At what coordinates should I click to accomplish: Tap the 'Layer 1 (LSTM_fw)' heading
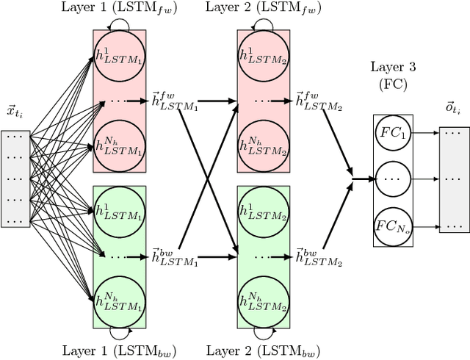pos(120,9)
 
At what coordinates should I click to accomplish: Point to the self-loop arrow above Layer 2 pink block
pos(263,24)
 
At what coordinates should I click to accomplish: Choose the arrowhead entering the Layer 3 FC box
pos(368,178)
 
